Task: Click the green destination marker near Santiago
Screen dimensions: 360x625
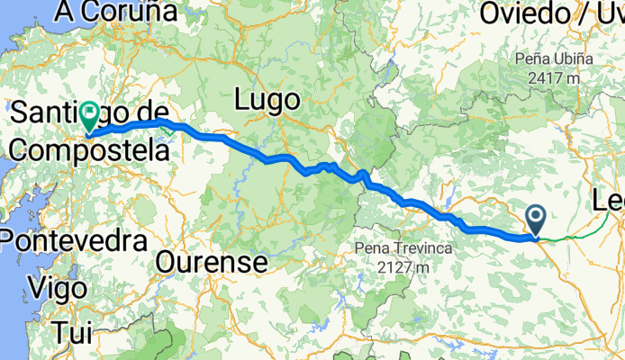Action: (90, 114)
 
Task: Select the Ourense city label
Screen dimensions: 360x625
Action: (213, 263)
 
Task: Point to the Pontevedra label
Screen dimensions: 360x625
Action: (74, 240)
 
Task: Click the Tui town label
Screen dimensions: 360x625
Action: (73, 332)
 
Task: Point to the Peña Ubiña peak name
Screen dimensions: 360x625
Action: (555, 58)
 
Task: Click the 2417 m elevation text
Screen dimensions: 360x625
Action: (555, 76)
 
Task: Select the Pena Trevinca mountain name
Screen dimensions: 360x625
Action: (402, 247)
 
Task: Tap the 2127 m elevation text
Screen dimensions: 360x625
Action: (402, 266)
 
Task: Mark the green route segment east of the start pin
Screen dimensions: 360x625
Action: (576, 232)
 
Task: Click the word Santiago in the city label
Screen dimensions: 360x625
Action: (54, 113)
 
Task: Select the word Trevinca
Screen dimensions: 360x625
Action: (418, 247)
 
